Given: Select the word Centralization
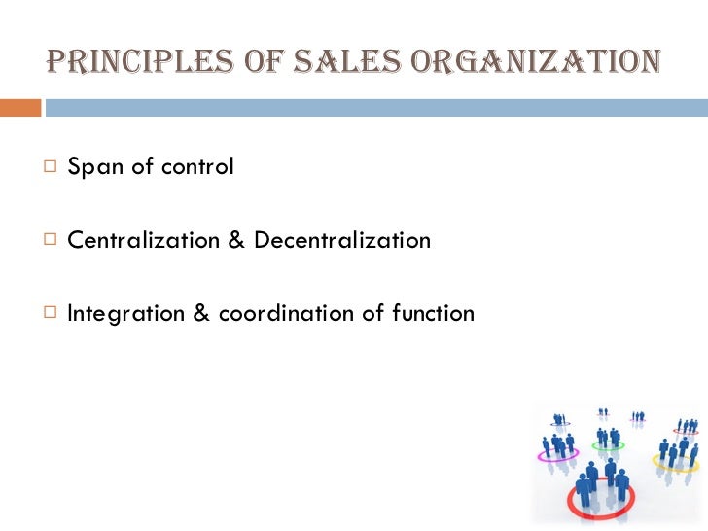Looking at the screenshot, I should point(144,240).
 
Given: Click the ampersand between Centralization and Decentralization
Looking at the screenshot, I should point(237,240).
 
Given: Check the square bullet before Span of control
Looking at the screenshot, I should point(50,167).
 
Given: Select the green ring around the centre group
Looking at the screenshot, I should point(609,447).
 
